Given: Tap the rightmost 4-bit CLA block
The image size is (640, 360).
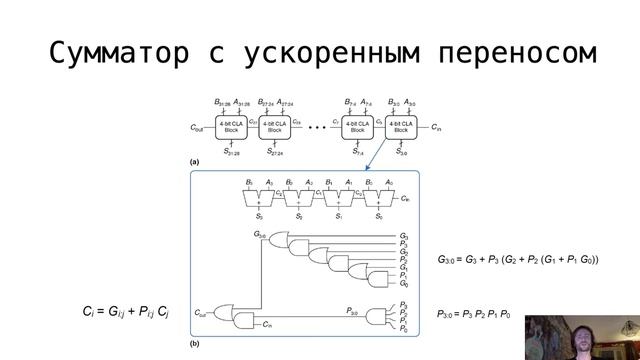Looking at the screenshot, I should pos(400,127).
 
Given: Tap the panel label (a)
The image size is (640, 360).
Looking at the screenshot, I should pos(195,162).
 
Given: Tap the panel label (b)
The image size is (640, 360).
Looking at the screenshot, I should pos(195,343).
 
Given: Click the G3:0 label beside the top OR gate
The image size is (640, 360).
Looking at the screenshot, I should pos(261,234).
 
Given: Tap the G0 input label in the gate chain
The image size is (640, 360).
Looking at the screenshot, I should pos(403,284).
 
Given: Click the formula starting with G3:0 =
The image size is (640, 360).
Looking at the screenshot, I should pos(518,260).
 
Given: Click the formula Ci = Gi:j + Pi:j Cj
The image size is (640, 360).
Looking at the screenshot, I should pos(126,313).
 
